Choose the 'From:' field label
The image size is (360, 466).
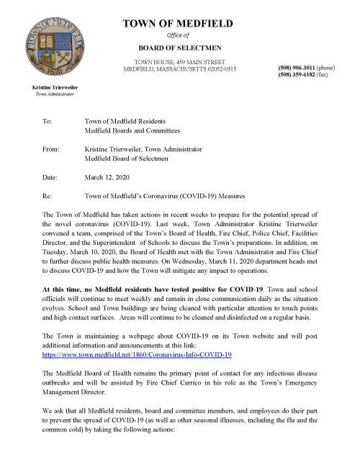pos(51,149)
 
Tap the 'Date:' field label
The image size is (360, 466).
pos(50,177)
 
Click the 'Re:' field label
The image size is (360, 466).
pos(48,195)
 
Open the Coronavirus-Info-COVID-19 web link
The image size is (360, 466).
pos(137,355)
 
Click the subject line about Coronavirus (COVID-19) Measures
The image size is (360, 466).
pos(165,195)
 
